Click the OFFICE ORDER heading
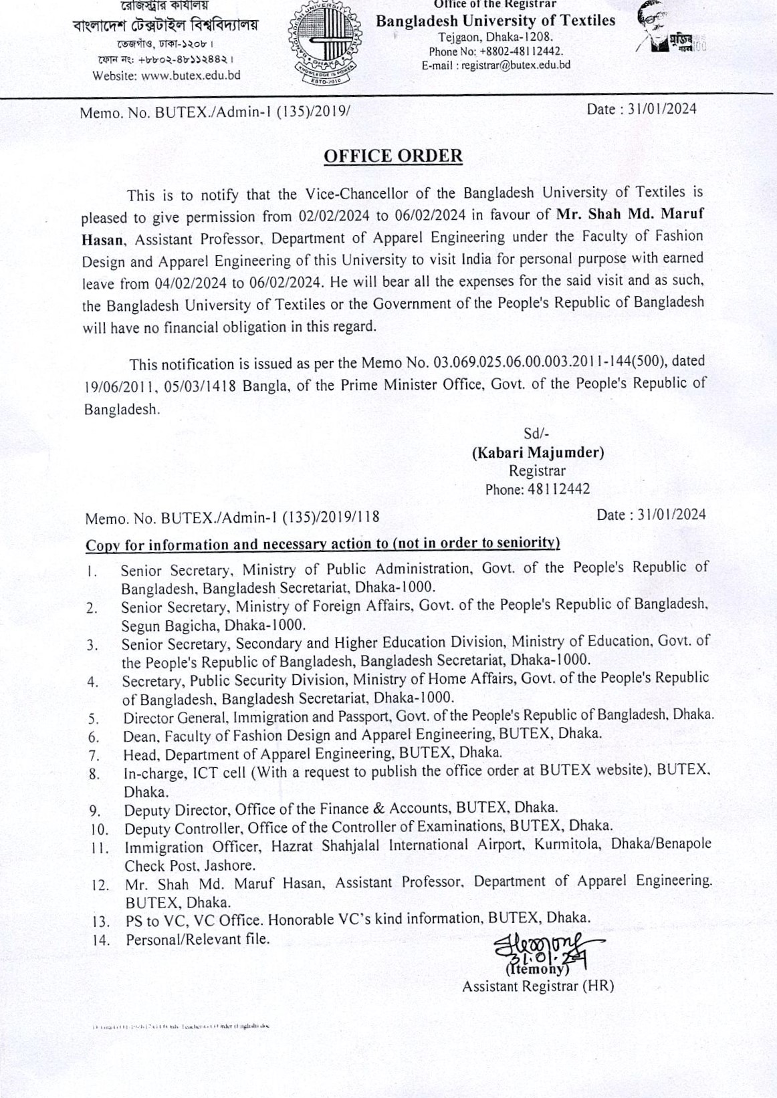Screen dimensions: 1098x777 click(393, 156)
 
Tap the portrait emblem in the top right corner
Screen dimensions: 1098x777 click(669, 33)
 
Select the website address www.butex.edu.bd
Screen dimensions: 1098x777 click(201, 76)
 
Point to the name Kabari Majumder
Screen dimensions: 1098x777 click(538, 453)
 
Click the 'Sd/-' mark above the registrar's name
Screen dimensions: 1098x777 click(536, 434)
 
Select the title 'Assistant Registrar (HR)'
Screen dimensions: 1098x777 click(538, 986)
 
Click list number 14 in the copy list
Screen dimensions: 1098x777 click(101, 940)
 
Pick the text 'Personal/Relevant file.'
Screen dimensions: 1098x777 click(198, 939)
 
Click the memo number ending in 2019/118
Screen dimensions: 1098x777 click(232, 517)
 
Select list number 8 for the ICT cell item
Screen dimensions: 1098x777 click(94, 775)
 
